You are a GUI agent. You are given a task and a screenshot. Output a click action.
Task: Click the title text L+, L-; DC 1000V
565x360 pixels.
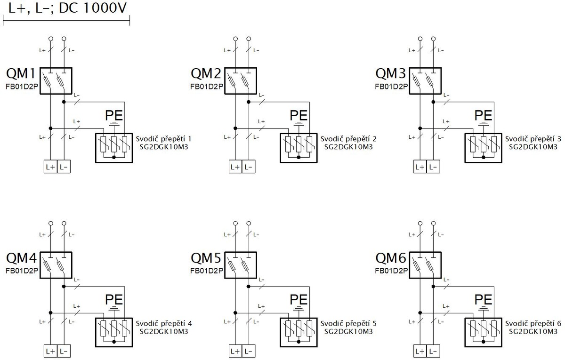pyautogui.click(x=67, y=8)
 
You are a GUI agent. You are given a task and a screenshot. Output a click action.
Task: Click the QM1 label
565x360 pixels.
pyautogui.click(x=22, y=73)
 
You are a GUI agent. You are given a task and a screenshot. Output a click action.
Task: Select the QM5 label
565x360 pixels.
pyautogui.click(x=206, y=258)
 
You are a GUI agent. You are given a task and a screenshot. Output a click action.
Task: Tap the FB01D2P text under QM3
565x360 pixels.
pyautogui.click(x=391, y=87)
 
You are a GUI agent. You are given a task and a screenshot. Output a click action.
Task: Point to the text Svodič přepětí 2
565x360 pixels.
pyautogui.click(x=348, y=139)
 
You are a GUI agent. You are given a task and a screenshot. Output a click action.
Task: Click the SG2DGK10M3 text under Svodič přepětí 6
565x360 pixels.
pyautogui.click(x=533, y=331)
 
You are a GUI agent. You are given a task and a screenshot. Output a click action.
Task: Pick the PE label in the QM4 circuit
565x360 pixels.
pyautogui.click(x=114, y=299)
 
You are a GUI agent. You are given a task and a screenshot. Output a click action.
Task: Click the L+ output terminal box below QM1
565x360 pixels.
pyautogui.click(x=51, y=167)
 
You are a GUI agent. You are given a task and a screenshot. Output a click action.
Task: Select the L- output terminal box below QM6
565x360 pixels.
pyautogui.click(x=433, y=351)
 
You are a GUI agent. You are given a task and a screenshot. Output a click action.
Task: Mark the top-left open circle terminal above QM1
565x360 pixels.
pyautogui.click(x=51, y=39)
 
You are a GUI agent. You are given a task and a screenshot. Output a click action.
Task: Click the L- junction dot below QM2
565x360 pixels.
pyautogui.click(x=249, y=102)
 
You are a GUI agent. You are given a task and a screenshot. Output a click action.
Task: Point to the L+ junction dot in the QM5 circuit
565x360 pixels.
pyautogui.click(x=235, y=313)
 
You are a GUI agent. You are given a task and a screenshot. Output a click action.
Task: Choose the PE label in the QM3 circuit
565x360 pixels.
pyautogui.click(x=483, y=115)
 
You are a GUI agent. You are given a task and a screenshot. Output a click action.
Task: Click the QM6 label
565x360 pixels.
pyautogui.click(x=391, y=258)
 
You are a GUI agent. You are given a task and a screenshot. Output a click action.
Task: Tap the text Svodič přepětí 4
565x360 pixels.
pyautogui.click(x=164, y=323)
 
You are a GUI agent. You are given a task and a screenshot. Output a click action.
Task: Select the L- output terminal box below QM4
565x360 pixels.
pyautogui.click(x=64, y=351)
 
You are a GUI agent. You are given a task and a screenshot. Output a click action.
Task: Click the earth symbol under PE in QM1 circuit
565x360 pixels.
pyautogui.click(x=114, y=123)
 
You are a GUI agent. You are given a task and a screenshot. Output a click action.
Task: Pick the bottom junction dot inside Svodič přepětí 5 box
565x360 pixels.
pyautogui.click(x=299, y=342)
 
